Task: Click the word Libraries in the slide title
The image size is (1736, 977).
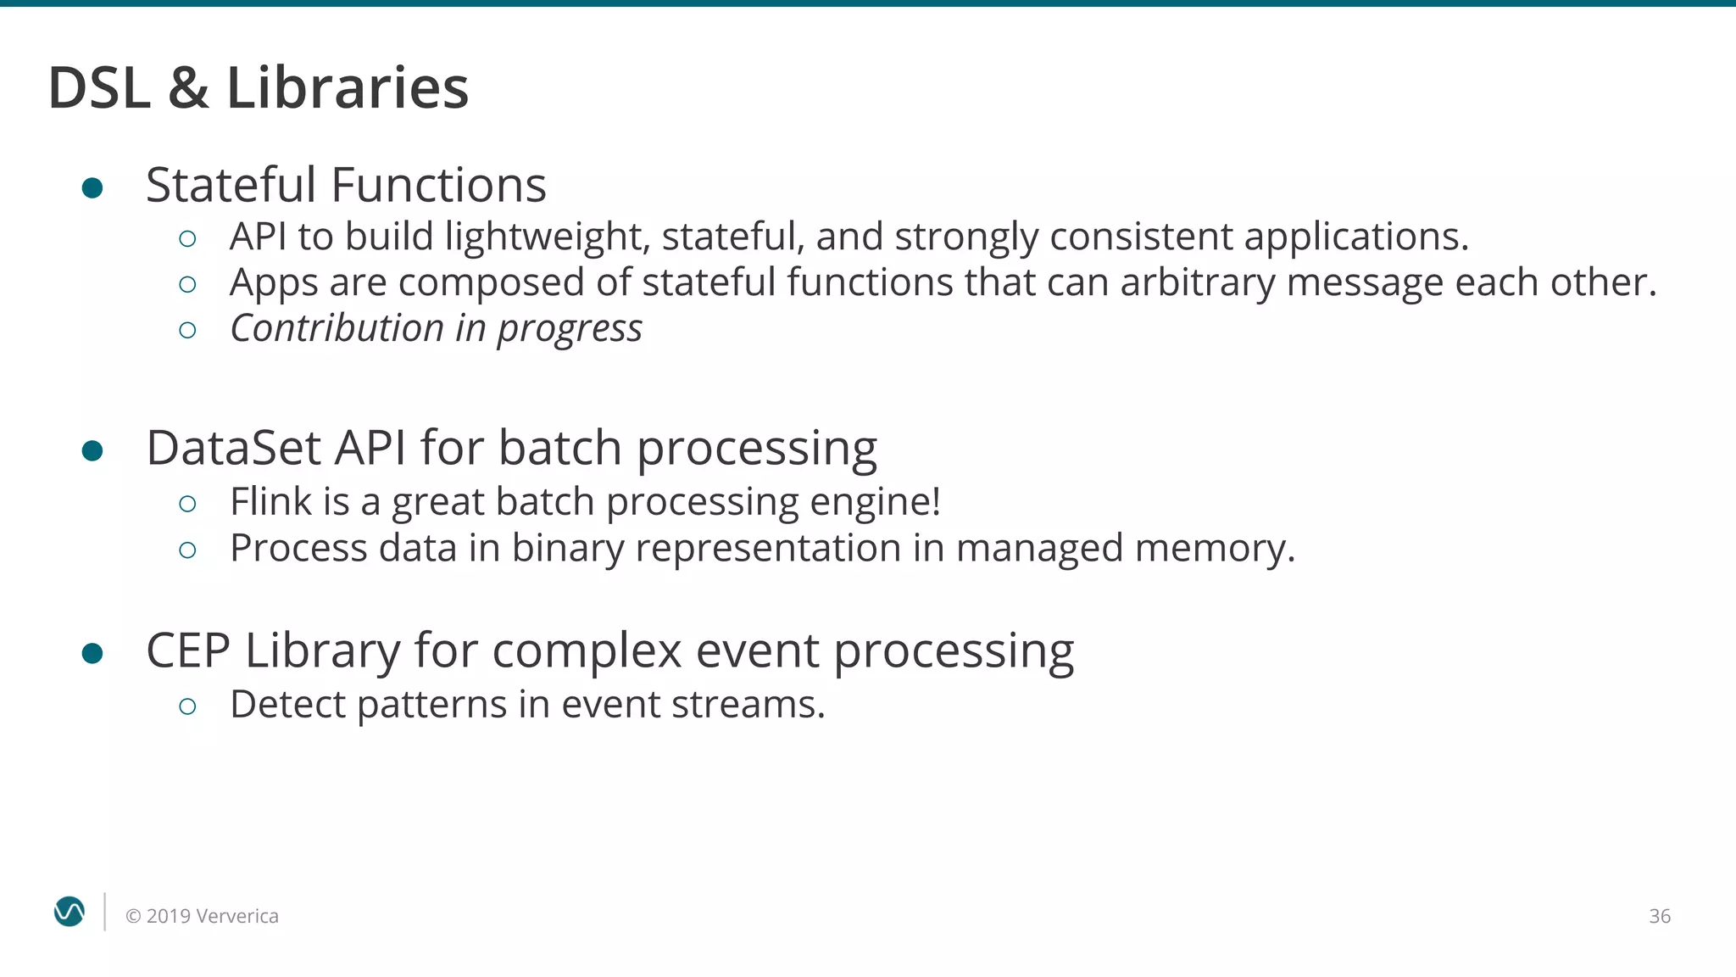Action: [x=348, y=88]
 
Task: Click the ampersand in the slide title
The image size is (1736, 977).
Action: [x=188, y=88]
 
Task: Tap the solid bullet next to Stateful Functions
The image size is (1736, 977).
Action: [x=92, y=187]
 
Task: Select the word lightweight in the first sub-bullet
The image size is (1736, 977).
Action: [x=547, y=237]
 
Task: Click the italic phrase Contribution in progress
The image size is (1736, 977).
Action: [x=436, y=329]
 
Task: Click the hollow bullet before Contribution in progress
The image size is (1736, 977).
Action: [x=188, y=330]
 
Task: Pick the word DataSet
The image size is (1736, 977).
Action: [x=233, y=448]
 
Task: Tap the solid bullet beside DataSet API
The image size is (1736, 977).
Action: [x=92, y=450]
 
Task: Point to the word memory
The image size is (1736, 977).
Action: [x=1214, y=549]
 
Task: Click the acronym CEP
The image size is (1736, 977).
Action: [x=188, y=651]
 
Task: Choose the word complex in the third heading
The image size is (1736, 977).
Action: [x=587, y=651]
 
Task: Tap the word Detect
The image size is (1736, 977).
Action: [x=287, y=705]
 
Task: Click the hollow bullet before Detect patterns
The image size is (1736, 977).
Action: [x=188, y=706]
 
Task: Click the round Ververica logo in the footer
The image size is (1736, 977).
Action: [x=70, y=912]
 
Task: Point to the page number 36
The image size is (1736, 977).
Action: [x=1659, y=916]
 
